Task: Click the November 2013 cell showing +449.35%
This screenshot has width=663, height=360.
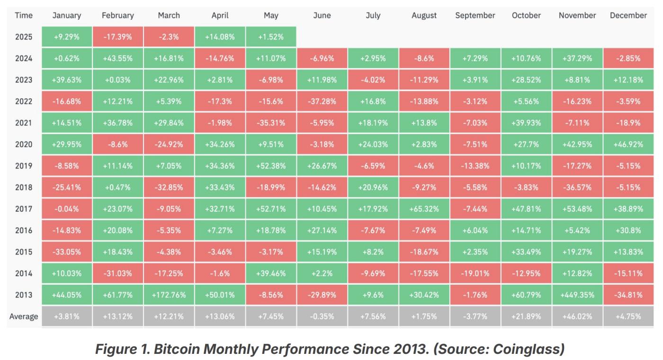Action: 577,295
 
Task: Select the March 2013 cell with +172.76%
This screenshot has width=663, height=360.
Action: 169,295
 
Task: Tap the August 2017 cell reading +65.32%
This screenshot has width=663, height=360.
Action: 424,209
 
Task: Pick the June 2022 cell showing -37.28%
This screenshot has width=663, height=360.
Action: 322,101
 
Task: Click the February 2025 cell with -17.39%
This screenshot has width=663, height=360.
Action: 117,37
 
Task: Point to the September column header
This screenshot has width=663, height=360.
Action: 475,15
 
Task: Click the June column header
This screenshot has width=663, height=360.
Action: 322,15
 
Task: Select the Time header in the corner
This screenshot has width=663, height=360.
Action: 24,15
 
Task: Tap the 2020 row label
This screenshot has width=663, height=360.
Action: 24,144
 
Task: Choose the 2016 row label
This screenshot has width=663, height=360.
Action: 24,230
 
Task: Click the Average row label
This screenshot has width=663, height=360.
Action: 24,316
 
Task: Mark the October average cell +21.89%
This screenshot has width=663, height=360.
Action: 526,316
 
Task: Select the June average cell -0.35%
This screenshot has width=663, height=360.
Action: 322,316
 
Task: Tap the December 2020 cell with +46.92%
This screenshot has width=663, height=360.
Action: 628,144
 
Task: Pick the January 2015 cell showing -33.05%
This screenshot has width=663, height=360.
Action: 67,252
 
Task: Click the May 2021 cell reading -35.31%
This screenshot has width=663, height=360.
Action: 271,123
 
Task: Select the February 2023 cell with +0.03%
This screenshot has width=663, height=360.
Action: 117,80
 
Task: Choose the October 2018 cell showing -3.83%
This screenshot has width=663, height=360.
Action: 526,187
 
